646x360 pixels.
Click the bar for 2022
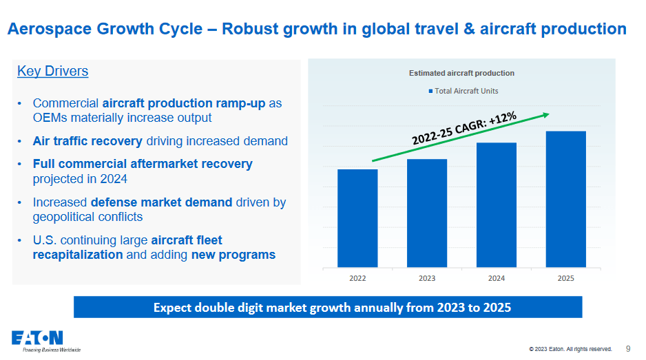point(357,218)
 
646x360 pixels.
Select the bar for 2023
point(427,213)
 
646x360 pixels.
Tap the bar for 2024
point(496,205)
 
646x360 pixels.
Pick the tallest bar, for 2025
point(565,199)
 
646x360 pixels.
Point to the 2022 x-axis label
point(357,278)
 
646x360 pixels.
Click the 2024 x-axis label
point(496,278)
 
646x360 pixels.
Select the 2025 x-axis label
point(565,278)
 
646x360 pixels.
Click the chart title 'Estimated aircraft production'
point(461,73)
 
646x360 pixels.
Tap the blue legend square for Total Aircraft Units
point(431,91)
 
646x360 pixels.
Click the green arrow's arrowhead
point(545,114)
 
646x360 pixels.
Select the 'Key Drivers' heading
point(52,72)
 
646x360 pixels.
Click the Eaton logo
point(37,338)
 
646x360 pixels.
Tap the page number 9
point(628,348)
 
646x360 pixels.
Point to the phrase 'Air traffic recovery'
point(87,141)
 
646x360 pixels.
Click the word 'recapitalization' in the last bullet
point(78,255)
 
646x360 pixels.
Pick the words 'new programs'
point(233,255)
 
